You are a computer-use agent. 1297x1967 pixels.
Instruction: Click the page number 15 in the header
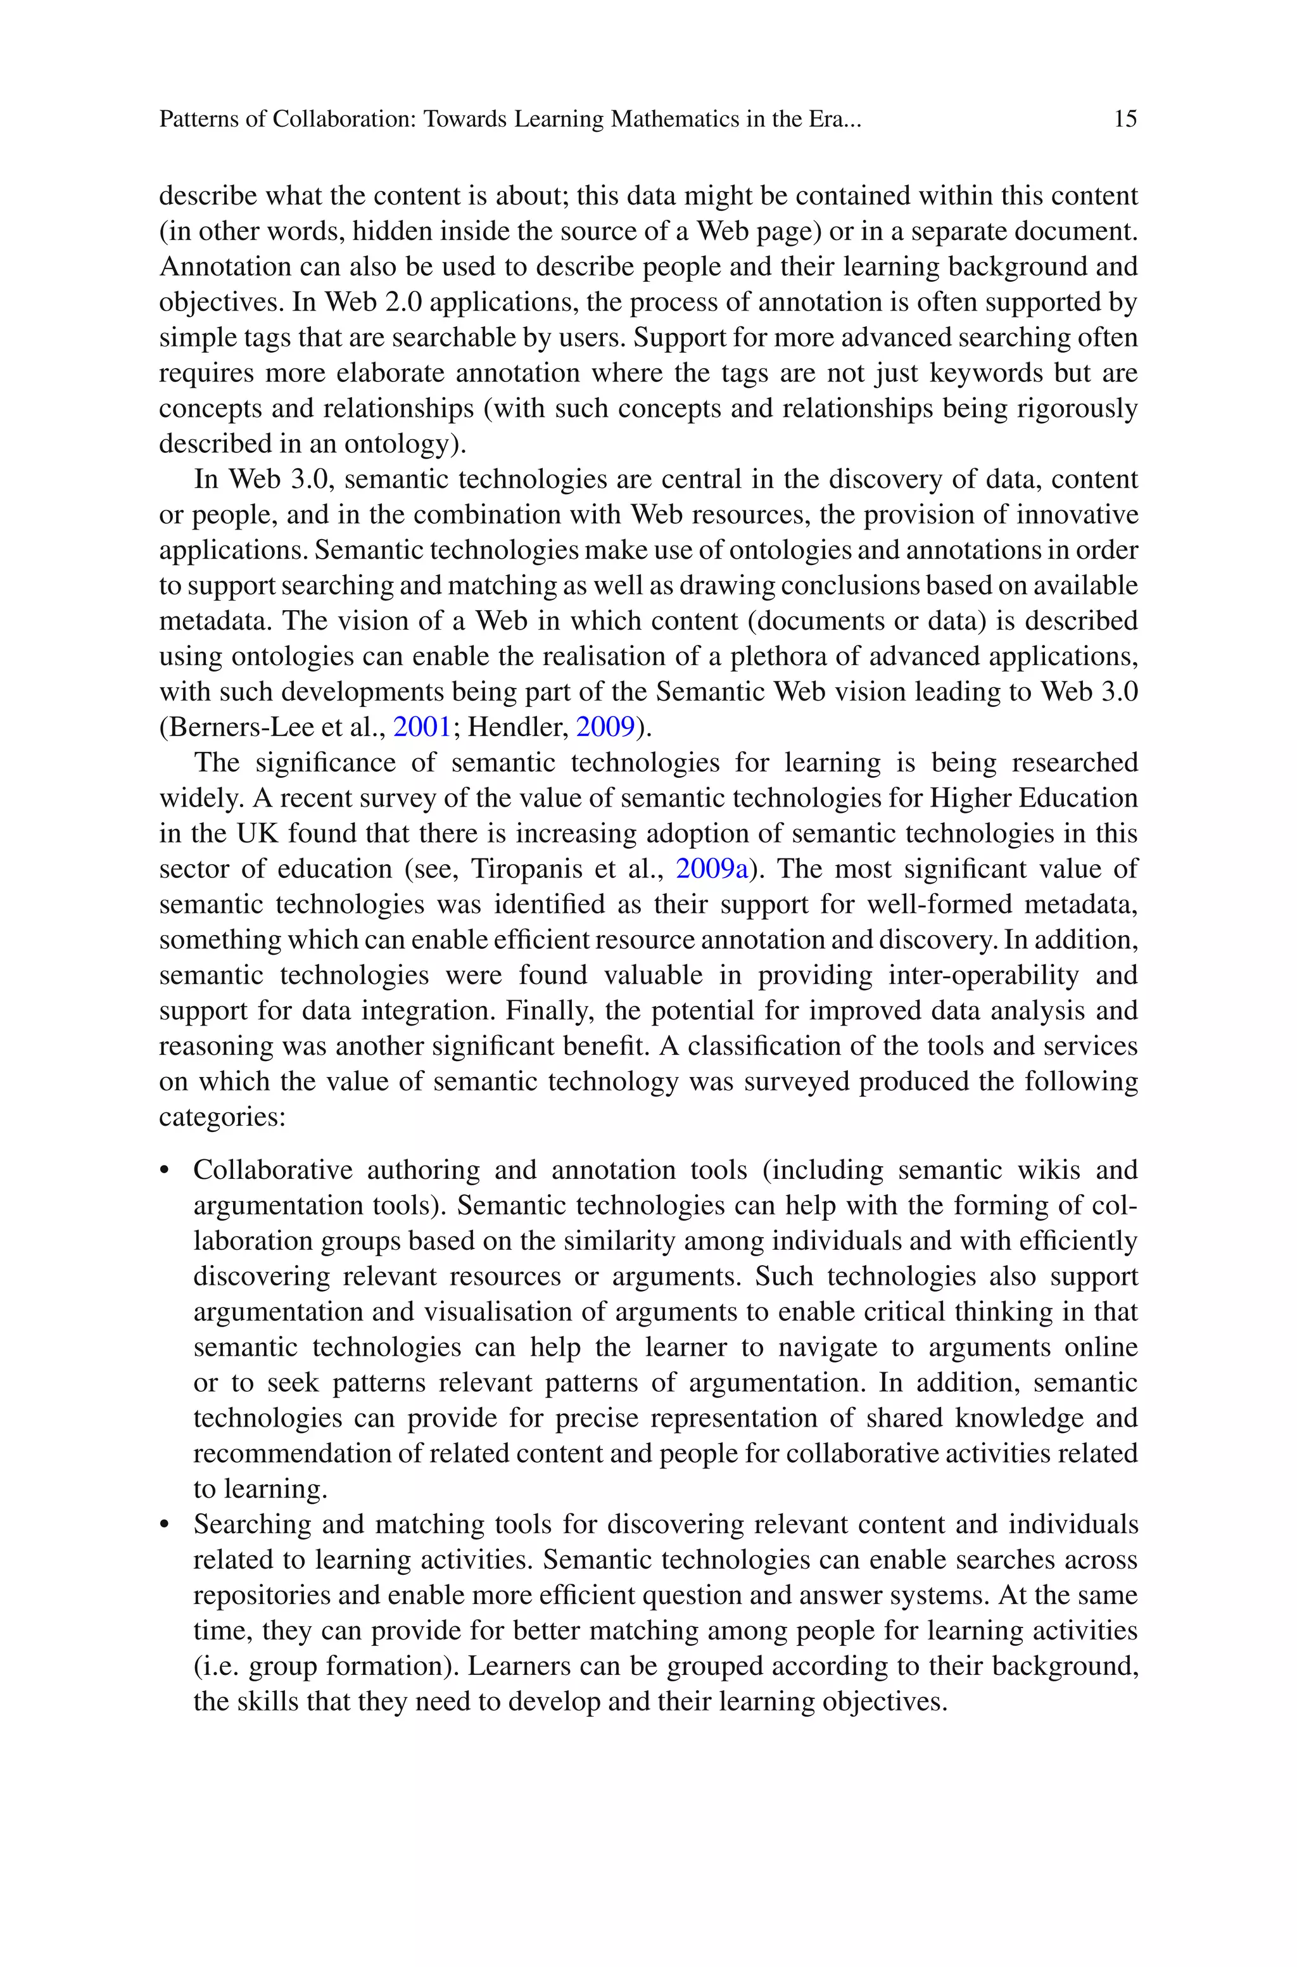coord(1125,119)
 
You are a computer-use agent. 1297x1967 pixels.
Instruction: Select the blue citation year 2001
coord(422,727)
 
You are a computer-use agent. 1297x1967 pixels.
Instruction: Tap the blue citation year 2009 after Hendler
coord(605,727)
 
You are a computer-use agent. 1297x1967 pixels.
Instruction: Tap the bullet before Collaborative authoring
coord(165,1171)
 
